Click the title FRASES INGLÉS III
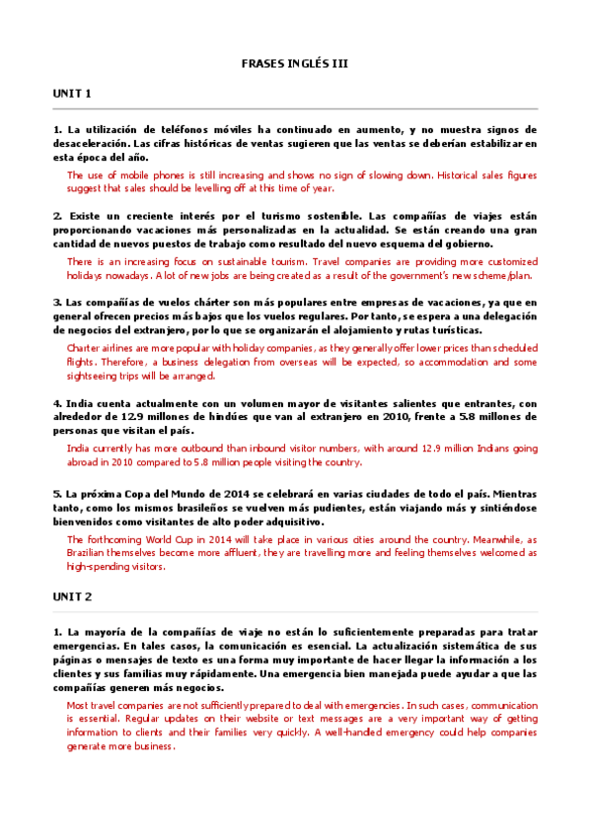(x=295, y=63)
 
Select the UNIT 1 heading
(x=72, y=94)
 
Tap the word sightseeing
(x=98, y=376)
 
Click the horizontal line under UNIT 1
(x=295, y=107)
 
